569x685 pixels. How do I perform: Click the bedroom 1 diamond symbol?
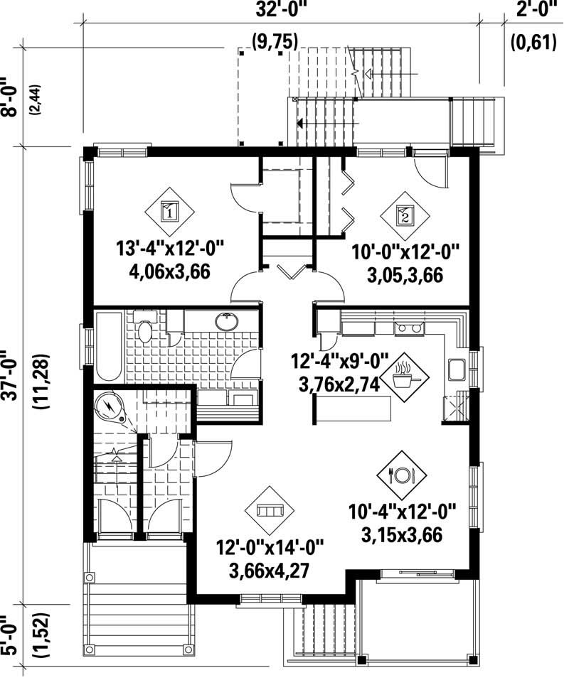tap(169, 210)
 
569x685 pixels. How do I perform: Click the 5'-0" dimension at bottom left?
tap(11, 636)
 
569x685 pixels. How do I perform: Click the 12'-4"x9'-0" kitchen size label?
tap(340, 360)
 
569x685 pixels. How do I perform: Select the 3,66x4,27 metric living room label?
tap(268, 571)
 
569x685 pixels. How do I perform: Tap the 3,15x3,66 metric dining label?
tap(402, 534)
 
